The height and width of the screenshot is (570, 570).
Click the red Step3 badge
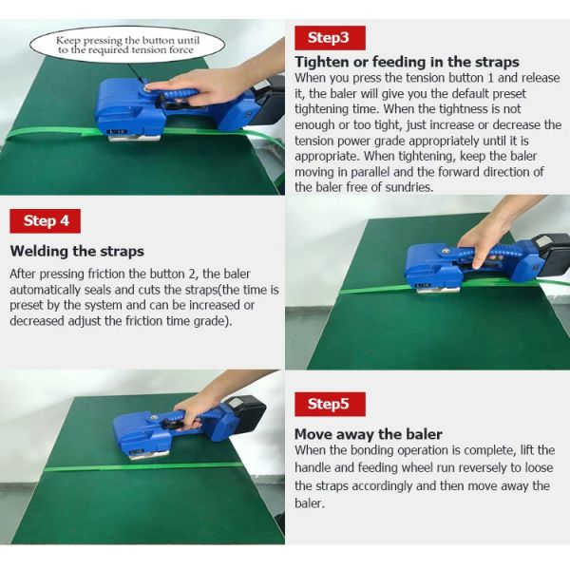click(330, 38)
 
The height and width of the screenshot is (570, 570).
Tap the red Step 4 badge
click(45, 221)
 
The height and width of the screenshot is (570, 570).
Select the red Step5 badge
click(330, 405)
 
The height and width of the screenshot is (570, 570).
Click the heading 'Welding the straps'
click(77, 251)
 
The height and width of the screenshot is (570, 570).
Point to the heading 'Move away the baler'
click(369, 434)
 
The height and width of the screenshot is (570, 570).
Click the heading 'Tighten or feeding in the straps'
click(407, 62)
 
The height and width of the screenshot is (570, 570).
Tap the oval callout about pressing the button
click(127, 45)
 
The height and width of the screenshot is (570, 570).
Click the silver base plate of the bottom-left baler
click(150, 454)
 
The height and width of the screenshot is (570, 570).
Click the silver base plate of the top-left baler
click(135, 138)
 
